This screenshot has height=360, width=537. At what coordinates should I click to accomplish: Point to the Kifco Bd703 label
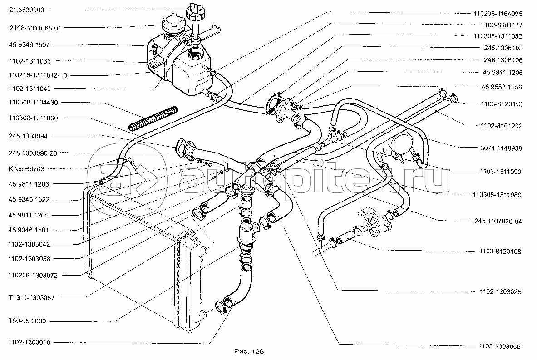[26, 169]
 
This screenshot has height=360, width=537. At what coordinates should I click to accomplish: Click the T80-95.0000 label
[27, 321]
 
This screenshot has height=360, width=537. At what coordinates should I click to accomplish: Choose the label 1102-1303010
[29, 342]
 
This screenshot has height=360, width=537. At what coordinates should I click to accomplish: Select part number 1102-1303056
[499, 347]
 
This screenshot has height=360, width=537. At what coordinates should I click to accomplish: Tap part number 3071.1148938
[501, 148]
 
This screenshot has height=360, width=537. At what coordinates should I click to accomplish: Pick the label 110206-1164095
[498, 14]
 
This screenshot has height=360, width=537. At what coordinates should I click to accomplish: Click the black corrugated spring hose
[155, 118]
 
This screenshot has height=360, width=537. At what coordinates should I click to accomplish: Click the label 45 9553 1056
[501, 87]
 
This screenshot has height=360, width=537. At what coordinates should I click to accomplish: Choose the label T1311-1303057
[31, 297]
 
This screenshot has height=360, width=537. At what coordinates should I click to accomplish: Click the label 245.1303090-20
[32, 153]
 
